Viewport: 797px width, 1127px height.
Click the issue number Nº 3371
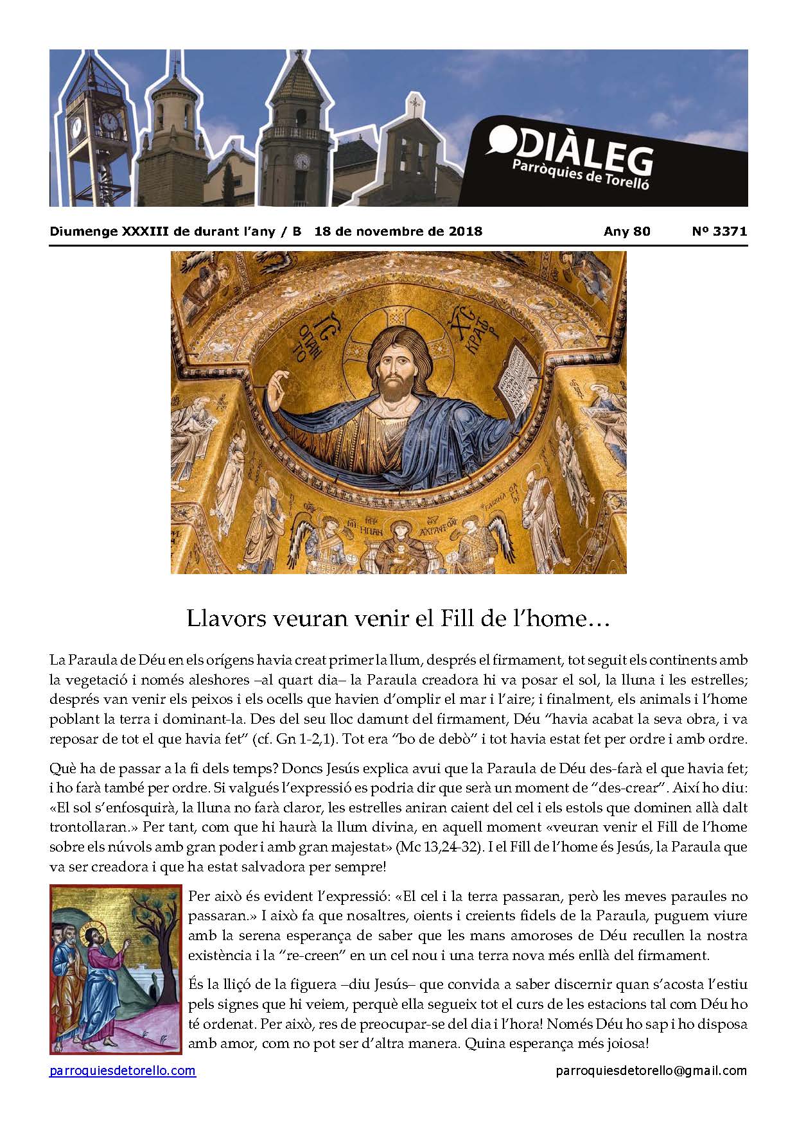(x=719, y=231)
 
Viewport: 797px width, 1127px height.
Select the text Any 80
(x=627, y=231)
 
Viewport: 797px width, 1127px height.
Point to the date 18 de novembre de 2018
(x=398, y=231)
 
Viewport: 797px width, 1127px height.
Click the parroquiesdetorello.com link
(x=123, y=1070)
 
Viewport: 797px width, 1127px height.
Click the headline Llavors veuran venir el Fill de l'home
(x=398, y=618)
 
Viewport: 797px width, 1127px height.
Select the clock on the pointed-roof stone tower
(x=302, y=160)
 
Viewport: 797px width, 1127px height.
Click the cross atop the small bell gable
(x=416, y=101)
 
